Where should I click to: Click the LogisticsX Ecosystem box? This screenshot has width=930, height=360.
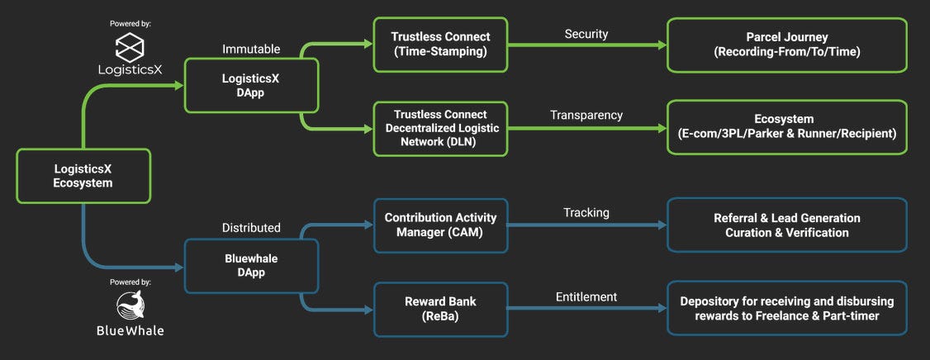(x=83, y=176)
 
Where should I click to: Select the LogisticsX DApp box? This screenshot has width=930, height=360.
(x=251, y=85)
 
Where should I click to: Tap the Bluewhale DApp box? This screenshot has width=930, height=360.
(x=251, y=266)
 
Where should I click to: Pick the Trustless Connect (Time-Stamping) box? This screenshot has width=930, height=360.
(x=440, y=45)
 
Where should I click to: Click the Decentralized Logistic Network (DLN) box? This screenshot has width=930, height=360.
(x=440, y=129)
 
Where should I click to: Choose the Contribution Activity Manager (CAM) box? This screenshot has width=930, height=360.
(x=440, y=225)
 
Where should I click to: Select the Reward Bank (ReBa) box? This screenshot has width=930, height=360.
(x=440, y=309)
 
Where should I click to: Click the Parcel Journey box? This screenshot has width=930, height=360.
(x=787, y=45)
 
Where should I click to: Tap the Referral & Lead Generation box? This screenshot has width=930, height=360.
(x=787, y=225)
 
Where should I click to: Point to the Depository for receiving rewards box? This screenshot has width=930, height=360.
(x=787, y=309)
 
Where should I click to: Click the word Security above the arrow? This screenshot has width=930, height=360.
(x=586, y=35)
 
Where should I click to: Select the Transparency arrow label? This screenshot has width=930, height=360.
(x=586, y=116)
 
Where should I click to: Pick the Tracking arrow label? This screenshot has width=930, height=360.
(x=586, y=212)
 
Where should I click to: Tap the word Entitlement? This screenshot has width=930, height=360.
(x=586, y=296)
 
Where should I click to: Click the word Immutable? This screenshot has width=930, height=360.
(x=251, y=49)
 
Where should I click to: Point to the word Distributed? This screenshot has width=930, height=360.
(x=251, y=228)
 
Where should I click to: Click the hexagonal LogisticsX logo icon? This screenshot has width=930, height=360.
(x=130, y=47)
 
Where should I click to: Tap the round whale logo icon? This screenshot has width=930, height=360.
(x=130, y=306)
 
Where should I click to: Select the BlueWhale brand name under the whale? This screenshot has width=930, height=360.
(x=130, y=330)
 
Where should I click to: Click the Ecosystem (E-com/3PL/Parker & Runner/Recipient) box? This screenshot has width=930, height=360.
(x=787, y=127)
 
